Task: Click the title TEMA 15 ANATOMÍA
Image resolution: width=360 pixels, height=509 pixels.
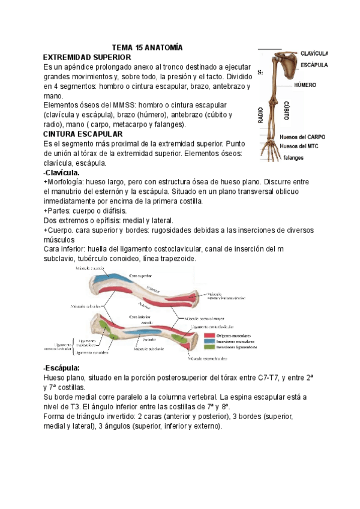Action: [147, 47]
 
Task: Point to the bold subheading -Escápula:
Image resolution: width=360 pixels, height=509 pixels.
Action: [62, 368]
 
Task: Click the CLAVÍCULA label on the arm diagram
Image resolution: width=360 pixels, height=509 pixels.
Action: [314, 53]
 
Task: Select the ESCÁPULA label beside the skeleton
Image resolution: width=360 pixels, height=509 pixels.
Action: [314, 64]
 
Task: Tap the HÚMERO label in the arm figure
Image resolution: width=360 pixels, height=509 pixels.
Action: [305, 85]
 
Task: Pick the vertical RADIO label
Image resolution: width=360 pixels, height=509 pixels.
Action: [262, 115]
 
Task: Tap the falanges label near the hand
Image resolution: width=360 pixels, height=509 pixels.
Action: [293, 158]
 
